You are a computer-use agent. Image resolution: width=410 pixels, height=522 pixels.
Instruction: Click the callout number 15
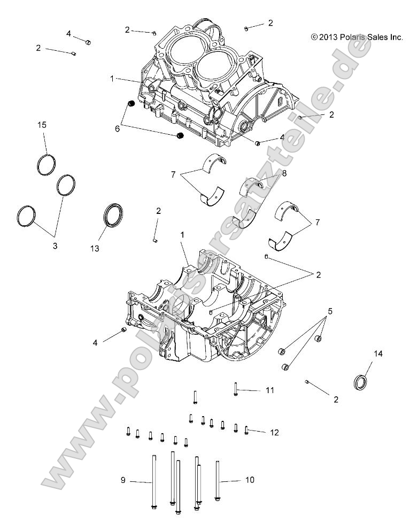tap(42, 125)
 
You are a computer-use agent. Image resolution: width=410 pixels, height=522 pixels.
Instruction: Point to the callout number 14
tap(378, 354)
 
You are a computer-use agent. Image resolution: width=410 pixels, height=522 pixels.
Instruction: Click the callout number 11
tap(269, 390)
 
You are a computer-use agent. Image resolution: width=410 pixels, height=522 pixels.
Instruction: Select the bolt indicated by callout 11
tap(235, 389)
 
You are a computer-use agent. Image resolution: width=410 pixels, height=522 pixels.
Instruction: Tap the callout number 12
tap(274, 432)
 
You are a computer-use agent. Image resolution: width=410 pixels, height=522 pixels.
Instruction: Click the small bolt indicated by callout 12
tap(246, 430)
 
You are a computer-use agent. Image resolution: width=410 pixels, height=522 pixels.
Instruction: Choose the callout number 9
tap(122, 481)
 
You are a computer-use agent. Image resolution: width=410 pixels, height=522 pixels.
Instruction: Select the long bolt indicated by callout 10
tap(218, 480)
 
